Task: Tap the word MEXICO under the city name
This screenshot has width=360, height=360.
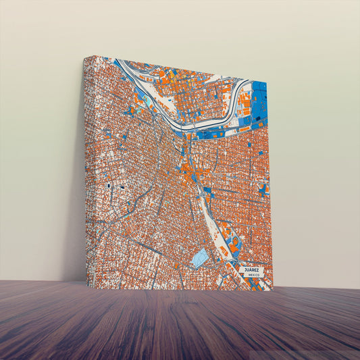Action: click(253, 276)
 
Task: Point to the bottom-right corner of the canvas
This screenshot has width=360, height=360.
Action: click(272, 290)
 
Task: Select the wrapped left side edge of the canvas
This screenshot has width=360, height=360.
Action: click(90, 169)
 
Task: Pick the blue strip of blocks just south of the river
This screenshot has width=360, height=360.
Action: click(216, 133)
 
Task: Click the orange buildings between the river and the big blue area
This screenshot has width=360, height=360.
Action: click(245, 108)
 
